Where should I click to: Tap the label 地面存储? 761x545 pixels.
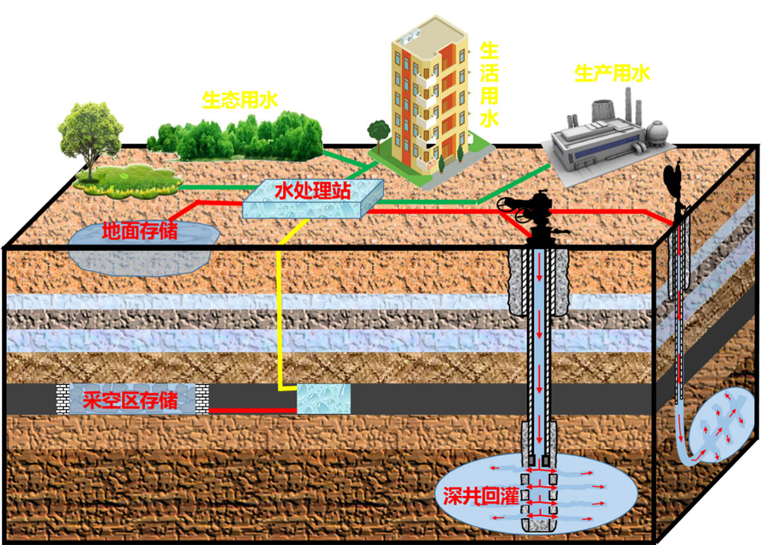click(141, 230)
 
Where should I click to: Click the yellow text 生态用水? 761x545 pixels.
click(239, 100)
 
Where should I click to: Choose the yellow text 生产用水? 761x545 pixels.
click(612, 73)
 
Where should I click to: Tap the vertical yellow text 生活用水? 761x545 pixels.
click(489, 84)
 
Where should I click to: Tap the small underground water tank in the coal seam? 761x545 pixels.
click(323, 399)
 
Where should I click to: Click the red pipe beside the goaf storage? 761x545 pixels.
click(252, 410)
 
